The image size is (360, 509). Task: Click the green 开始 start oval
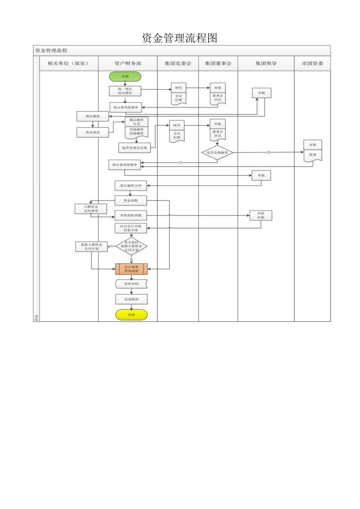(125, 77)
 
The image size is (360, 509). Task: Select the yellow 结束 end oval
(131, 315)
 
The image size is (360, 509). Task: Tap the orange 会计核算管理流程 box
(131, 269)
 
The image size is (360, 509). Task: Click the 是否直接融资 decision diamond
(218, 152)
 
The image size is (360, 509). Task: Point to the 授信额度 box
(93, 116)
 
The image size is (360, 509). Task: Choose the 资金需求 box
(93, 133)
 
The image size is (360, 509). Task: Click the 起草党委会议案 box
(134, 147)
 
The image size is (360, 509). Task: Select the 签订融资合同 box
(131, 185)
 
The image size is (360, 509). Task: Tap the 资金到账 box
(131, 201)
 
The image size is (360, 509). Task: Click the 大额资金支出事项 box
(91, 209)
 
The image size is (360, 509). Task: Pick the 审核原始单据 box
(131, 216)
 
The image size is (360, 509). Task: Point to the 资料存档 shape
(131, 284)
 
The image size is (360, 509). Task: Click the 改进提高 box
(131, 299)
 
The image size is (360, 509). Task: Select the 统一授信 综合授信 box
(125, 91)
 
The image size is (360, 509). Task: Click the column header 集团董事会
(218, 63)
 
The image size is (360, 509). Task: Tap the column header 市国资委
(312, 63)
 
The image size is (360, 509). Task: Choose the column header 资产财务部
(128, 63)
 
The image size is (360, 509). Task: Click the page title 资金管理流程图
(180, 38)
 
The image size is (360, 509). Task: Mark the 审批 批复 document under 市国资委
(313, 149)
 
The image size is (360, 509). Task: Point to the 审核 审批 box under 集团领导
(261, 215)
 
